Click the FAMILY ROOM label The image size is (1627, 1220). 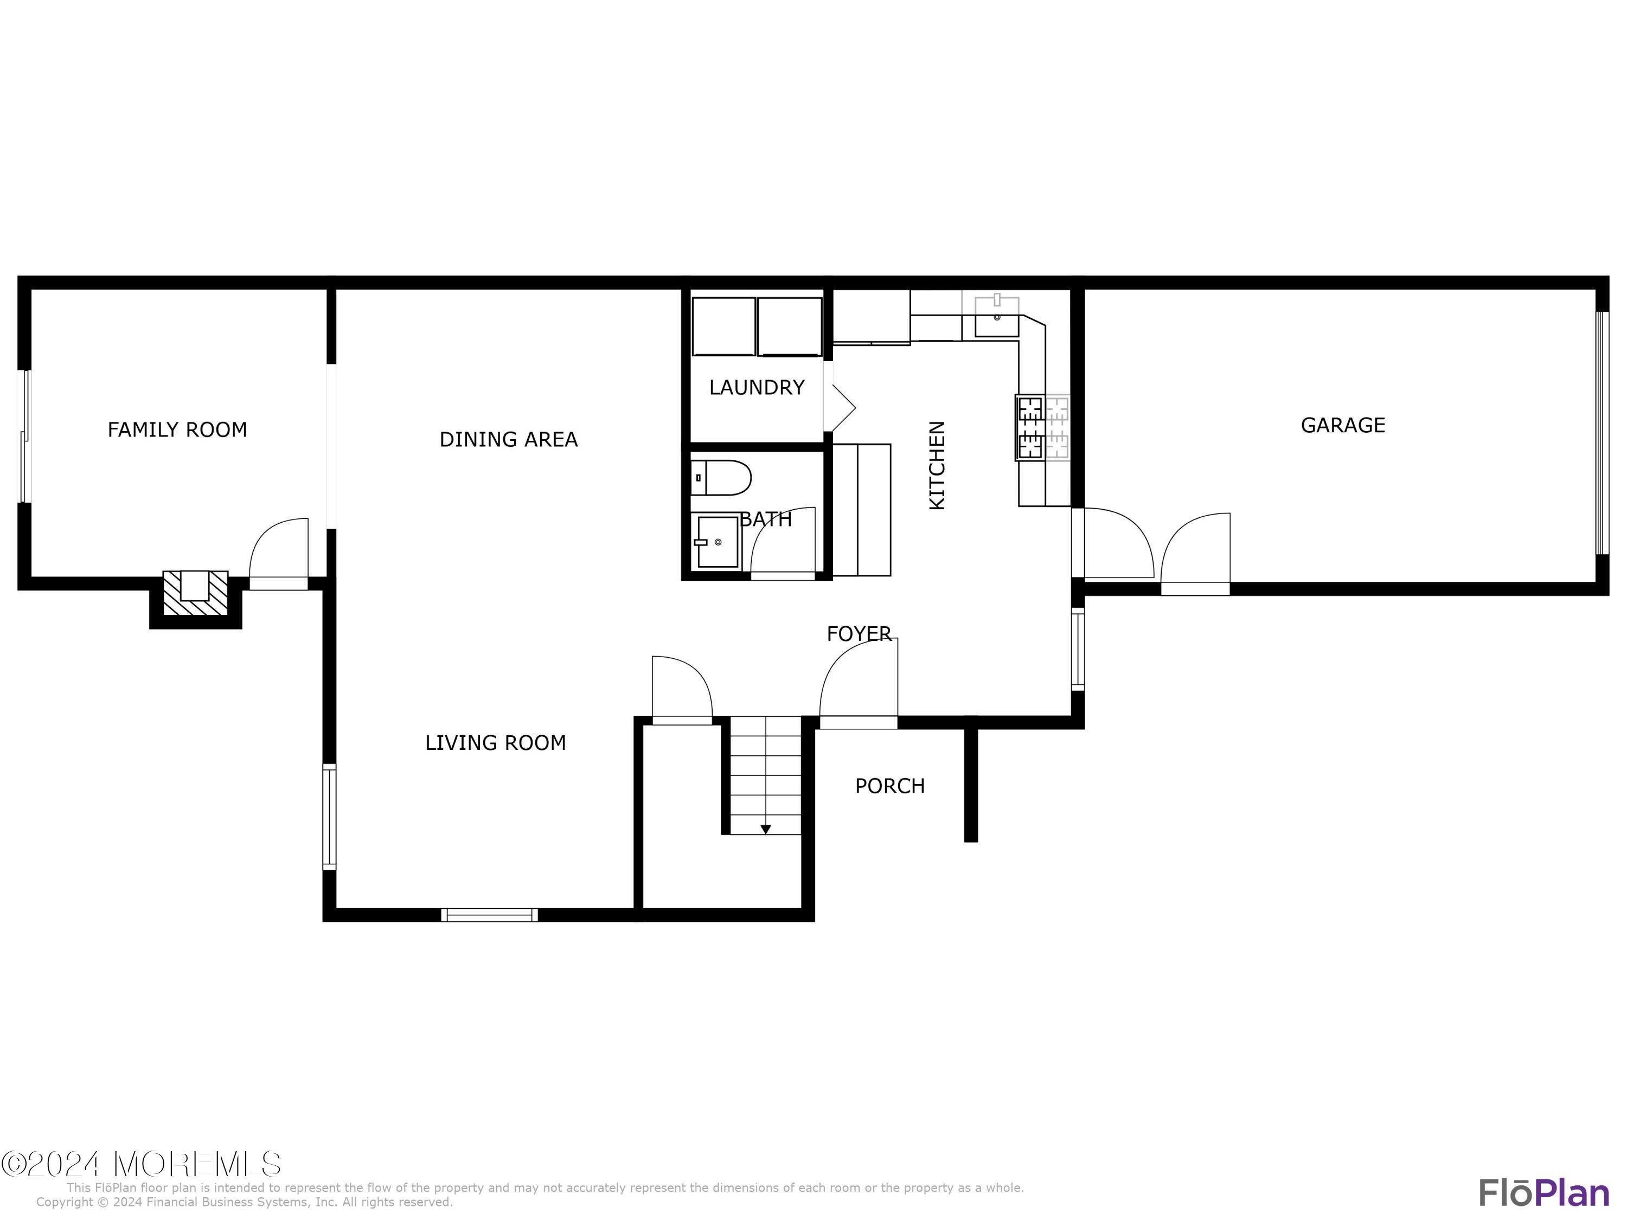(177, 429)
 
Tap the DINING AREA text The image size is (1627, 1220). (508, 440)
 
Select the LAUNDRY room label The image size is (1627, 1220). (756, 388)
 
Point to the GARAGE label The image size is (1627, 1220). (1342, 425)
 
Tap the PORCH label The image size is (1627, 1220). (889, 786)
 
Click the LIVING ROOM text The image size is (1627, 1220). (495, 743)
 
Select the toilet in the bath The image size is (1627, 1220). (720, 478)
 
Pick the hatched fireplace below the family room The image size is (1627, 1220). (195, 593)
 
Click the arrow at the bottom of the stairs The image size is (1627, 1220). (765, 830)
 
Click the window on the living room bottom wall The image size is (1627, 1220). (489, 915)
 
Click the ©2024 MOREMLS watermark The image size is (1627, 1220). (140, 1164)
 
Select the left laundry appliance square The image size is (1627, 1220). (723, 326)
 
